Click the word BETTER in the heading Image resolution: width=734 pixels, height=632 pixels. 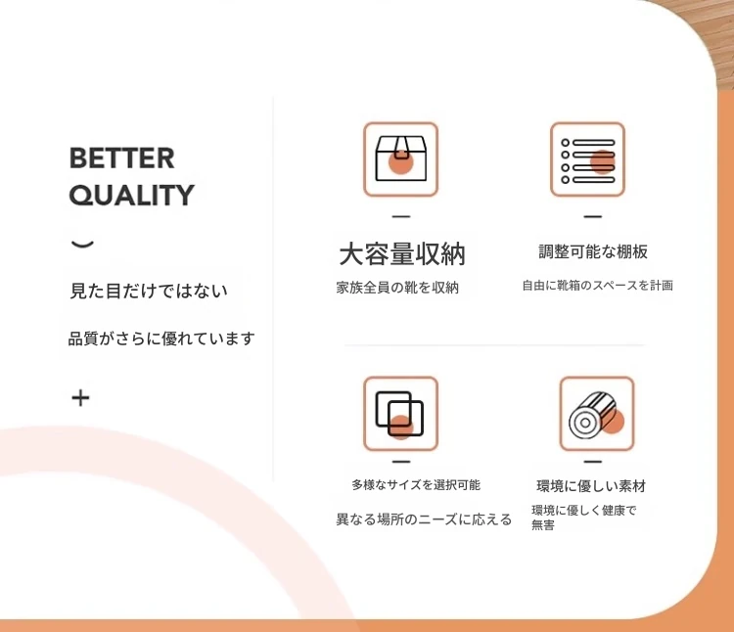[x=121, y=158]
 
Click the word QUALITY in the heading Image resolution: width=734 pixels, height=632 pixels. [x=131, y=195]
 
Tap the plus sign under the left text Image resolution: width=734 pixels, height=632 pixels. [x=80, y=398]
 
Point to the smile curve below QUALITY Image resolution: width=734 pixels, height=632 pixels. [x=82, y=244]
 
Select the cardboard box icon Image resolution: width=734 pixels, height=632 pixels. [x=400, y=159]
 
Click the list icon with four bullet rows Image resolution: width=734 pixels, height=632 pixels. [x=587, y=159]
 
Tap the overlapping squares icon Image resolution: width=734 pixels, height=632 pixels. [x=400, y=414]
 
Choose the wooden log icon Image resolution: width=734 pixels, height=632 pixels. [x=597, y=414]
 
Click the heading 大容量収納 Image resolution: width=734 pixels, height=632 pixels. [x=402, y=254]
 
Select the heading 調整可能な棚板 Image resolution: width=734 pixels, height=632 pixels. [x=593, y=251]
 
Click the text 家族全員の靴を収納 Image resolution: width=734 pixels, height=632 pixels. [x=397, y=288]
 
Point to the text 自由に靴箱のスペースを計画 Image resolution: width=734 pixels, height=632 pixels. [x=598, y=286]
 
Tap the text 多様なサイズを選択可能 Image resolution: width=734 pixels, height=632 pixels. [x=416, y=485]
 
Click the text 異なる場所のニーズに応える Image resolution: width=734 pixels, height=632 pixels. [x=424, y=519]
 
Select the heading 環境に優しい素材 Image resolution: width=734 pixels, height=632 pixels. [x=591, y=486]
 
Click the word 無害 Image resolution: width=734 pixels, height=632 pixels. [x=543, y=525]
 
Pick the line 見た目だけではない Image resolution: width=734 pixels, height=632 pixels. [x=149, y=291]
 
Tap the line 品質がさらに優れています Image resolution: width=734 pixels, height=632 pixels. [x=161, y=339]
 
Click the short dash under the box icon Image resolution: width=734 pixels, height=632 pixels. [x=401, y=216]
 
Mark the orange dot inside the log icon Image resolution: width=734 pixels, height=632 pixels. [x=613, y=421]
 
